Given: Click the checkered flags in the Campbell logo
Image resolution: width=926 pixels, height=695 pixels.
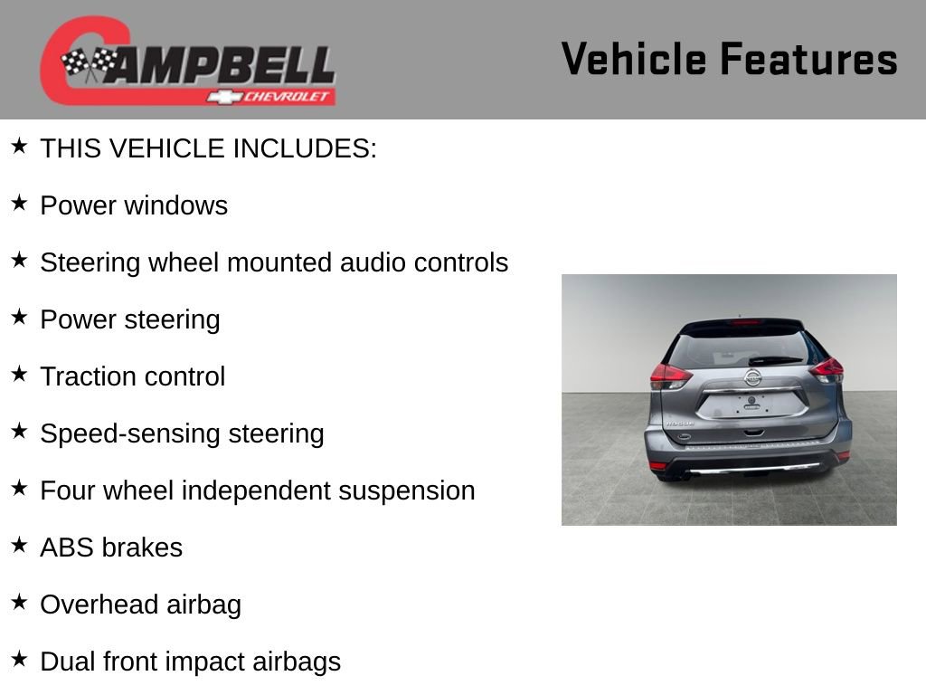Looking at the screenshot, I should coord(90,63).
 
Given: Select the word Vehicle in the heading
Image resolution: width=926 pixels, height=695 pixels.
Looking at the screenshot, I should coord(633,60).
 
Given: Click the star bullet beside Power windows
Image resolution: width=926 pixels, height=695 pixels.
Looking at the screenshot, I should coord(19,203).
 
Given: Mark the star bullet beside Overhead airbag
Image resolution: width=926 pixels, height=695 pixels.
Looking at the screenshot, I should coord(19,602).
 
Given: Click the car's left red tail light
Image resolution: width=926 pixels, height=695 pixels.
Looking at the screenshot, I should coord(670,375).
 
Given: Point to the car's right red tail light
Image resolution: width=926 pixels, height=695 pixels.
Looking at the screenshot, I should coord(826,368).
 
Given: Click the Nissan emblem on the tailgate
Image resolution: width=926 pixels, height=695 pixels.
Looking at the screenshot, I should coord(752,377).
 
